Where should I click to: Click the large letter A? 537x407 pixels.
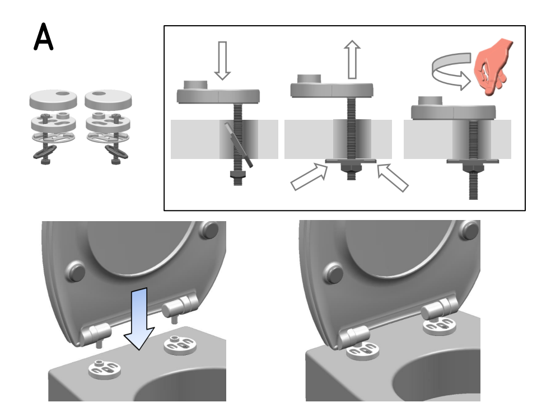(44, 37)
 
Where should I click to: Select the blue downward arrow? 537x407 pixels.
(139, 319)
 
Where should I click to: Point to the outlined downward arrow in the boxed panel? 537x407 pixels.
(222, 60)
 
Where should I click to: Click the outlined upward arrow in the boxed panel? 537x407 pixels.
(352, 59)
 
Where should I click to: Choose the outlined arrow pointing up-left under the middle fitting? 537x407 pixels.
(393, 177)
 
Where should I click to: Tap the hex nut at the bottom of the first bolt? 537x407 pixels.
(237, 174)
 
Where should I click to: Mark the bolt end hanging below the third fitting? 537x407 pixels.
(473, 185)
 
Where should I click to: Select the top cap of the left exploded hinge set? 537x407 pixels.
(53, 99)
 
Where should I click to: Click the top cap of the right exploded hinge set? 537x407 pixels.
(108, 99)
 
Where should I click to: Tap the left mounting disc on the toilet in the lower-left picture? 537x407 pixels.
(105, 369)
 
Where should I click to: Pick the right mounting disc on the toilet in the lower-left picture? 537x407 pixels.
(180, 345)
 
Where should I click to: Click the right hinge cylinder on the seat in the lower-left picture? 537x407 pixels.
(180, 306)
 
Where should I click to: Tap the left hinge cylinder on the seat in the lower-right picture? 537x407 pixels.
(353, 336)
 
